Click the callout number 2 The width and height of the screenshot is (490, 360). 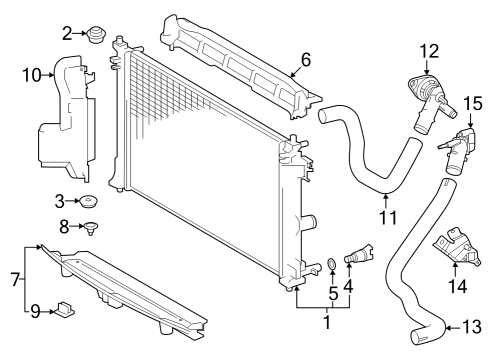tap(68, 34)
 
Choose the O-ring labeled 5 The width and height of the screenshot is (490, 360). tap(331, 266)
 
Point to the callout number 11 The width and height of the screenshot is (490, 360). tap(387, 215)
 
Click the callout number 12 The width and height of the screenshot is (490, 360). tap(429, 50)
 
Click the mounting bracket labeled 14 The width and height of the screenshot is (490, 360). tap(453, 250)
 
